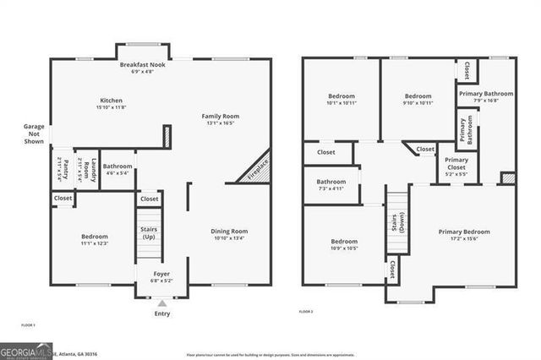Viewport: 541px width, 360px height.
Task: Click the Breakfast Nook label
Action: tap(142, 65)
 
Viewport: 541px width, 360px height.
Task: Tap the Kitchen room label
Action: tap(110, 101)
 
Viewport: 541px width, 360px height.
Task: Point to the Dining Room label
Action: tap(228, 231)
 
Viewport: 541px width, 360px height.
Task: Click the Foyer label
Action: tap(161, 274)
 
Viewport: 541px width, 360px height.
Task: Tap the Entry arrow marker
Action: tap(161, 302)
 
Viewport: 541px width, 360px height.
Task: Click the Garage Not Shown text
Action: tap(35, 134)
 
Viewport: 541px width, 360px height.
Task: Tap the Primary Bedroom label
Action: tap(463, 231)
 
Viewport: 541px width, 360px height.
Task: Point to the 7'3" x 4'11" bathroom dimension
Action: tap(331, 188)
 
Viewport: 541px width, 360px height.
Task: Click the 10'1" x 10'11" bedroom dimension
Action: tap(342, 103)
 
